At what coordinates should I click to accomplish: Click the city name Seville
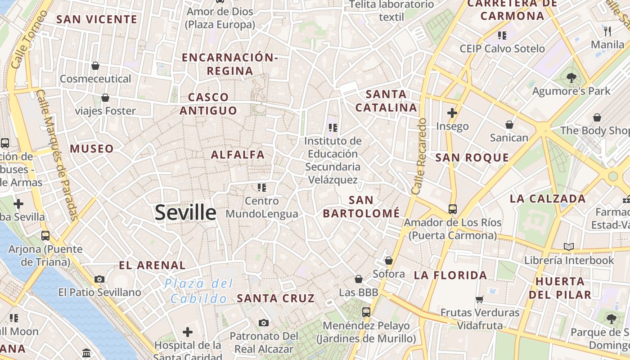click(185, 212)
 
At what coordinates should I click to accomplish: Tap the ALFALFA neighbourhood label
click(238, 155)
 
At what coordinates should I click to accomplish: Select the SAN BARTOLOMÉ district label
click(361, 207)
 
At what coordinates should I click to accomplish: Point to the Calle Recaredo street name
click(418, 157)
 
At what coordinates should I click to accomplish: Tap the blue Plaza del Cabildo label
click(199, 291)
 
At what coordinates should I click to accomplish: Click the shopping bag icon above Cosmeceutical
click(95, 66)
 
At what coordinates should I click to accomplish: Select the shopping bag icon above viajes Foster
click(105, 98)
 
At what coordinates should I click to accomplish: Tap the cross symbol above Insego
click(452, 113)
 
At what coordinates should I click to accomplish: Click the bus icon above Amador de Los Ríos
click(452, 209)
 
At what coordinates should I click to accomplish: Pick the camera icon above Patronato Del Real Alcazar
click(264, 323)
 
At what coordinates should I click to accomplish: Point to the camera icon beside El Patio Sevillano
click(99, 279)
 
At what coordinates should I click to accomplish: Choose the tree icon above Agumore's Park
click(571, 77)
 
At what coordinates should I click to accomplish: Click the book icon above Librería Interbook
click(569, 247)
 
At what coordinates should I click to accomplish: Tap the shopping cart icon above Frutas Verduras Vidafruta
click(480, 299)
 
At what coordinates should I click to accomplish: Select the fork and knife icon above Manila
click(607, 31)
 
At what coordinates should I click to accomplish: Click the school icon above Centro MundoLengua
click(262, 187)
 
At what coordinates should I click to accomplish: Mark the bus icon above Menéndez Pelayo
click(366, 312)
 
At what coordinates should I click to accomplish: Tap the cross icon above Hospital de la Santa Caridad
click(188, 333)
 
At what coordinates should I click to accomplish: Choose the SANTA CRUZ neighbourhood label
click(276, 298)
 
